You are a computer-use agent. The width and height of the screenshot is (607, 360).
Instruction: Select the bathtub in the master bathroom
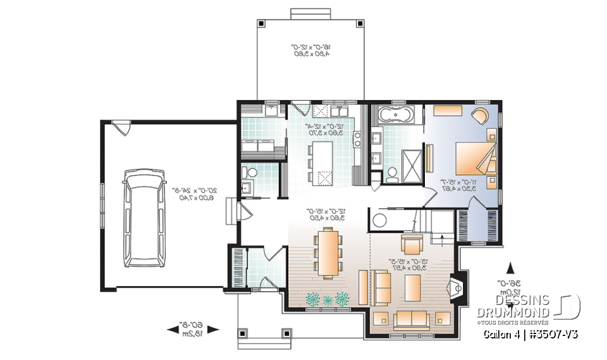pos(396,116)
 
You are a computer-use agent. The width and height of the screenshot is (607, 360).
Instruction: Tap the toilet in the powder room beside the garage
pos(252,172)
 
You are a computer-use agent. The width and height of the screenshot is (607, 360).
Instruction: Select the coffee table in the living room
pos(413,286)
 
